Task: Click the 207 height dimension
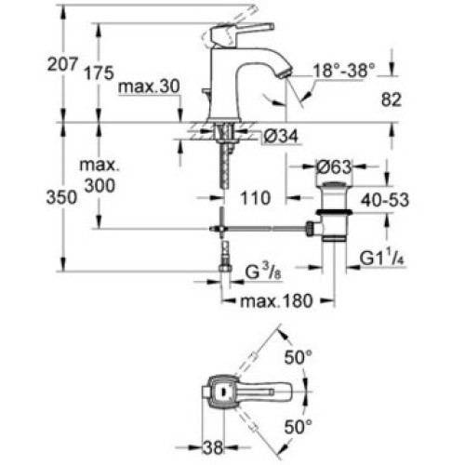point(61,65)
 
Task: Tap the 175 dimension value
point(100,73)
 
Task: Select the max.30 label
point(149,86)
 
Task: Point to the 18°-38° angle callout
point(344,71)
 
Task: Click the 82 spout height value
point(391,100)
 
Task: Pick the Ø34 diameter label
point(281,136)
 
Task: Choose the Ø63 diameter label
point(334,167)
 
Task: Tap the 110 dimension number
point(255,198)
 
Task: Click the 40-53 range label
point(385,200)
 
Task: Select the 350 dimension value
point(61,197)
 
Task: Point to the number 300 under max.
point(100,186)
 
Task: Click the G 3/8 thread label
point(263,272)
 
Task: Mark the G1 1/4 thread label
point(382,258)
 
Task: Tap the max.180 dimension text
point(276,301)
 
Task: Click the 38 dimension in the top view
point(213,447)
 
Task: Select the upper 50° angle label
point(298,357)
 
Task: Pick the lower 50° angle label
point(298,427)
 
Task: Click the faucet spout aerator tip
point(286,73)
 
